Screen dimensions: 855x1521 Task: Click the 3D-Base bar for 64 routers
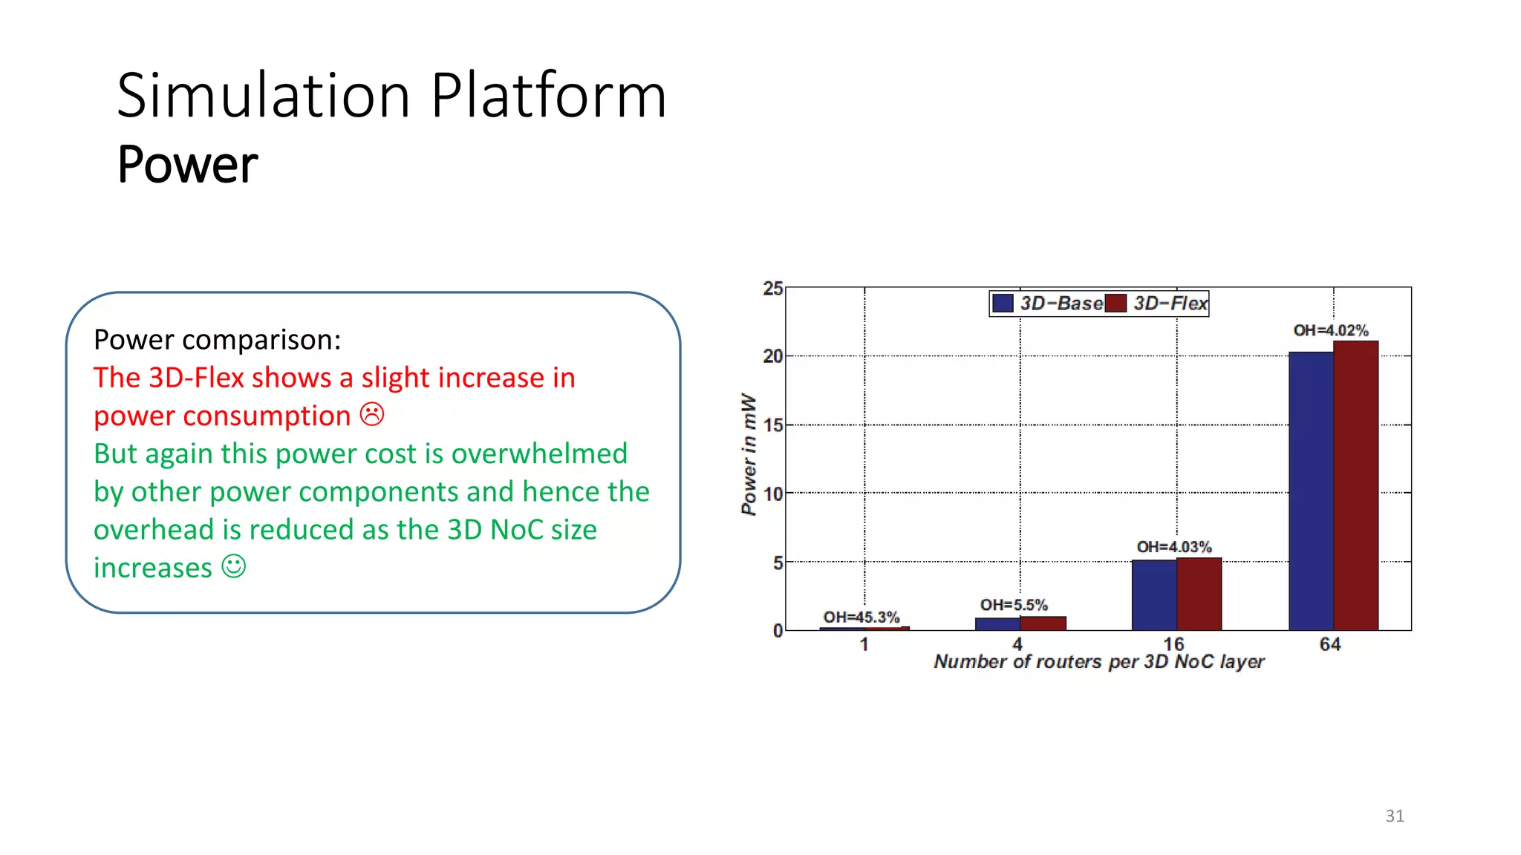click(x=1311, y=491)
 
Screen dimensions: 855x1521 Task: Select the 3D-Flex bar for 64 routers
click(x=1356, y=486)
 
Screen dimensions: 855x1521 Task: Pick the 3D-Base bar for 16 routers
click(x=1154, y=595)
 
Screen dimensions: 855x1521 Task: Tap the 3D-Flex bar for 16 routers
click(x=1199, y=594)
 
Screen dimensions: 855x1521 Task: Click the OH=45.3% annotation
click(x=861, y=617)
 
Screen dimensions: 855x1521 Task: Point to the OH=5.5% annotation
click(x=1014, y=605)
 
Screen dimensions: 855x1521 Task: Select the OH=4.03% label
click(x=1174, y=547)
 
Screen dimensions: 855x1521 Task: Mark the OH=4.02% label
click(x=1331, y=330)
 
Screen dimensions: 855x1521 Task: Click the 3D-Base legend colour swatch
click(x=1003, y=303)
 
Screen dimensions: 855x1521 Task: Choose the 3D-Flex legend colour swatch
click(x=1115, y=303)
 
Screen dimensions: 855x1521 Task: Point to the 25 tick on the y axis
click(x=772, y=289)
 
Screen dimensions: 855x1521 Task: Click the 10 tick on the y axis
click(x=772, y=494)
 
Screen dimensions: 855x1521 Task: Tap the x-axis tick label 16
click(x=1173, y=643)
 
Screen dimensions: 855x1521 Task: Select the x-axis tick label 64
click(x=1330, y=643)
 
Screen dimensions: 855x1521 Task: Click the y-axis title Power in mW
click(x=749, y=454)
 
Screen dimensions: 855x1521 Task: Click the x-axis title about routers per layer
click(x=1099, y=661)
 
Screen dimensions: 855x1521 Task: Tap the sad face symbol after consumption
click(x=372, y=414)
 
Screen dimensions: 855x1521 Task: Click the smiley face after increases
click(x=234, y=566)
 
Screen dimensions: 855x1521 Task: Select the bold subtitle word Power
click(x=187, y=164)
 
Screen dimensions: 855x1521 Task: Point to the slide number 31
click(x=1395, y=816)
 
